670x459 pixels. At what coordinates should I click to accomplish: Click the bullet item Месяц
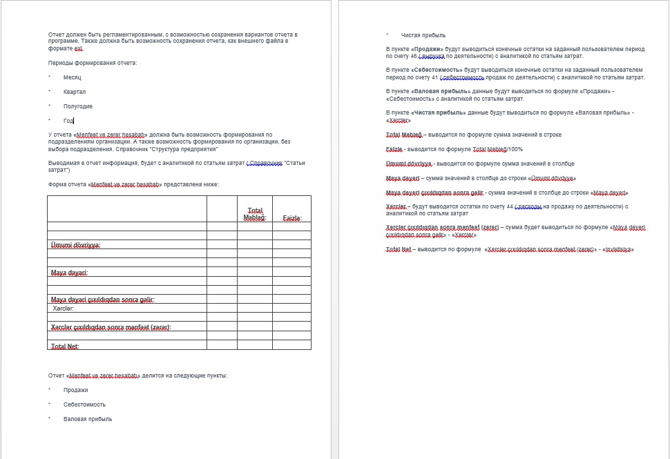72,77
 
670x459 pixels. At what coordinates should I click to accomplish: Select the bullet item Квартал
75,92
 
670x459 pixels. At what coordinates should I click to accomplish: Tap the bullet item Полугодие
77,106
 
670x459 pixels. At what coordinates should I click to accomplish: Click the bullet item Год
68,121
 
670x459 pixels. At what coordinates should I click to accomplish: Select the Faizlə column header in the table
292,218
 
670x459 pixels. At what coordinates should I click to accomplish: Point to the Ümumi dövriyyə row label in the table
75,245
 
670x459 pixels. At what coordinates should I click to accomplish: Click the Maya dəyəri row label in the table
69,273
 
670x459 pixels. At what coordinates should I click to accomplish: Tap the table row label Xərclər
63,309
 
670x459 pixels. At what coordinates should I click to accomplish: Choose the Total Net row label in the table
65,346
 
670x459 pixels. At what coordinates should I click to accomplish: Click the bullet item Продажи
75,390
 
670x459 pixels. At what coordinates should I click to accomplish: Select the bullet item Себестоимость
84,404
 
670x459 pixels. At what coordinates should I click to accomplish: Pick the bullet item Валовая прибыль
87,419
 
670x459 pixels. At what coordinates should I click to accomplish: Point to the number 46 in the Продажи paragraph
433,56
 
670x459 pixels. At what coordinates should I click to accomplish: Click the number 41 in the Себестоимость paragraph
435,77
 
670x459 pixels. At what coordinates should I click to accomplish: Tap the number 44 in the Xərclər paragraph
510,206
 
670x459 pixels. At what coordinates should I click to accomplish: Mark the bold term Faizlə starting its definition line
394,149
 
